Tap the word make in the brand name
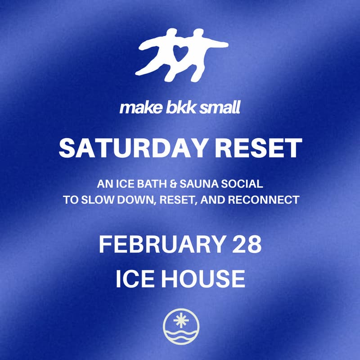(135, 108)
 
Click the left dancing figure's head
(170, 33)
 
